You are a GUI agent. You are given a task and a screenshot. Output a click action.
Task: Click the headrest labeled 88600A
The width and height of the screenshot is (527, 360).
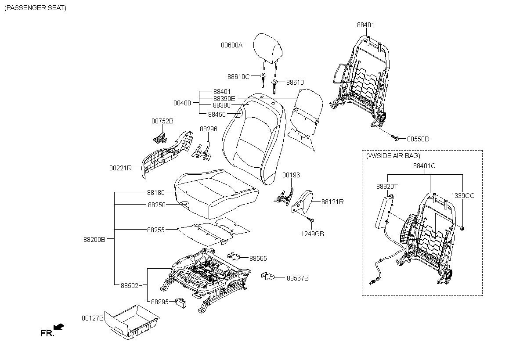click(268, 49)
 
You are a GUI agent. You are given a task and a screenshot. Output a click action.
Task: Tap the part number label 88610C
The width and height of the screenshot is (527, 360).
click(238, 77)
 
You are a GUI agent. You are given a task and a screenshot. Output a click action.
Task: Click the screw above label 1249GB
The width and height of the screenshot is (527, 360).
click(310, 220)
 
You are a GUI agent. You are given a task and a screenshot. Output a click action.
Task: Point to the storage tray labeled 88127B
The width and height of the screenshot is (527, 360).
click(132, 322)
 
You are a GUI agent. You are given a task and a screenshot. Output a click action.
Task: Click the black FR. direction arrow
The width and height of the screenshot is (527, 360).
click(59, 327)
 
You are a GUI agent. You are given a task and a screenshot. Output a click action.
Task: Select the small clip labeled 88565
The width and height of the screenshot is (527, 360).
click(233, 256)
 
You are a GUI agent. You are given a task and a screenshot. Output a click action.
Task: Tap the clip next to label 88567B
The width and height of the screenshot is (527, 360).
click(268, 276)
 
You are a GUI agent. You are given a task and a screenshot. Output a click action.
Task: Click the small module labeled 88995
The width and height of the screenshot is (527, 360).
click(181, 303)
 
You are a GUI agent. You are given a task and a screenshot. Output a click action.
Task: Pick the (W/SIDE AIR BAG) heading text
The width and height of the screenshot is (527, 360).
click(393, 156)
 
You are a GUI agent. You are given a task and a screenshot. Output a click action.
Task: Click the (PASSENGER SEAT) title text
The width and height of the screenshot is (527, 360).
click(36, 8)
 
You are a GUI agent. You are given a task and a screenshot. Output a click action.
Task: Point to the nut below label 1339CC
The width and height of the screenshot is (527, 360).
click(462, 228)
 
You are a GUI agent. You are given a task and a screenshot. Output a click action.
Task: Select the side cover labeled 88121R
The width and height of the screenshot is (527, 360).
click(303, 202)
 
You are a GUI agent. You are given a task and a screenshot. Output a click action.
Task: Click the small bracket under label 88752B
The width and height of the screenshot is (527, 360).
click(160, 138)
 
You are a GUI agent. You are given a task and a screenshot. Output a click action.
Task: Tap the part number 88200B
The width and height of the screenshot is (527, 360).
click(94, 240)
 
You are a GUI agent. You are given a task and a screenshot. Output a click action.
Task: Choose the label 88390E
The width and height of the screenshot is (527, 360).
click(224, 99)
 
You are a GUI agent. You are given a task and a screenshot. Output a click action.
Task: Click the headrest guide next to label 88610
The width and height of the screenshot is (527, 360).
click(274, 86)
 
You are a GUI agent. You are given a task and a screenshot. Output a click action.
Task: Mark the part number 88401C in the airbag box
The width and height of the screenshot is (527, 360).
click(424, 166)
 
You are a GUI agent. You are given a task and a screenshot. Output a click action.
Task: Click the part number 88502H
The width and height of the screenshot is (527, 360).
click(132, 286)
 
